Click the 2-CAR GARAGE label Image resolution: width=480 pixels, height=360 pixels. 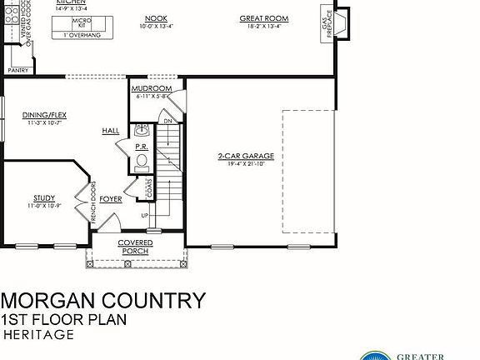point(246,156)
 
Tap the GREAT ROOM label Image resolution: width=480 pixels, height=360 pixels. point(263,17)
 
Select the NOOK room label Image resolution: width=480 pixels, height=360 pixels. point(156,17)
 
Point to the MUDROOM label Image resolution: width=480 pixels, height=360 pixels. point(152,88)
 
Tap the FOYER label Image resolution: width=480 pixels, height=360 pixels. point(111,199)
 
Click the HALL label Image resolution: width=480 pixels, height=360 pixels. point(110,131)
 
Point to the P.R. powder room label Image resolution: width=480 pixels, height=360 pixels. point(141,147)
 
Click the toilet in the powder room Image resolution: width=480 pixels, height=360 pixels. point(141,161)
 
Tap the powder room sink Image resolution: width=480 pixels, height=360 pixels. point(141,130)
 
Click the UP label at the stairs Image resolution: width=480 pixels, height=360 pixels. point(145,216)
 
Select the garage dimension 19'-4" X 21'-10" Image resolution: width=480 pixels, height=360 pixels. point(246,163)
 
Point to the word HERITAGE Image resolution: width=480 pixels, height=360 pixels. point(39,335)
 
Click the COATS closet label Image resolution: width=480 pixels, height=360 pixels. point(149,188)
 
